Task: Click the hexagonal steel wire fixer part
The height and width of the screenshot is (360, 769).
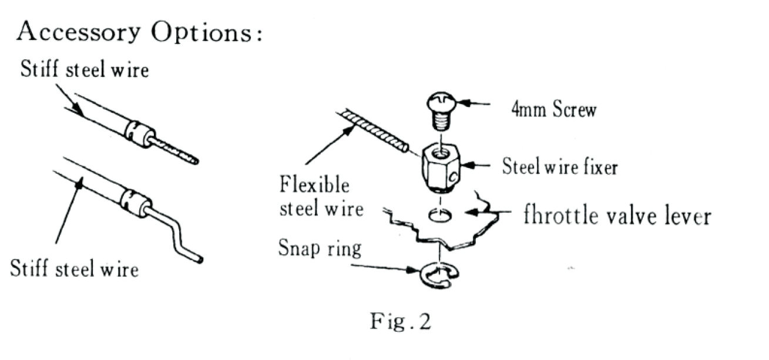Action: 440,170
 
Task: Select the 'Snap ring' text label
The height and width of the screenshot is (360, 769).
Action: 320,249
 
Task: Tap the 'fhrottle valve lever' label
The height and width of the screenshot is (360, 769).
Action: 617,217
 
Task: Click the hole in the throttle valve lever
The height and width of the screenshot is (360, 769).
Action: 439,217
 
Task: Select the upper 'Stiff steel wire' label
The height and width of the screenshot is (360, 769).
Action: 85,72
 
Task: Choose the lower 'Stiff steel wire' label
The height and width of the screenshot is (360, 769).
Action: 75,270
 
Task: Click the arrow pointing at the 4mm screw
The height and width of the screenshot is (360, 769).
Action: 476,105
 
